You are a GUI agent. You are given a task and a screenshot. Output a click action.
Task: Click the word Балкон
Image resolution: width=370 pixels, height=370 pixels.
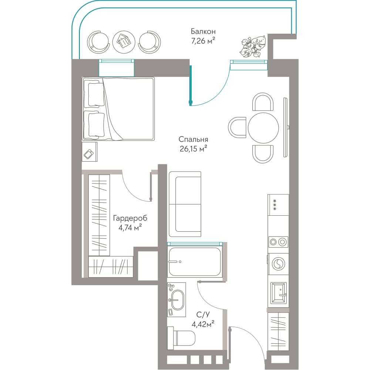click(203, 31)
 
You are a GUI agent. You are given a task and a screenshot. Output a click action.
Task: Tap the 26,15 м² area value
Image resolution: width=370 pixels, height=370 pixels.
click(193, 149)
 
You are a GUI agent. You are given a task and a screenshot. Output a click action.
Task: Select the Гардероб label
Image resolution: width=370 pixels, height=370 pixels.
click(130, 218)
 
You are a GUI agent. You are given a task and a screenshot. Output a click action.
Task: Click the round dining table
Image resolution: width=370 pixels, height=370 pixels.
click(263, 128)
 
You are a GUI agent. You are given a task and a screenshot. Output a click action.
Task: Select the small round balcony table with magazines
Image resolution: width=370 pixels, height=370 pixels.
click(124, 42)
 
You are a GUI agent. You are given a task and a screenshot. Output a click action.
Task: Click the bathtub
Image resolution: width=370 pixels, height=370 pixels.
click(195, 262)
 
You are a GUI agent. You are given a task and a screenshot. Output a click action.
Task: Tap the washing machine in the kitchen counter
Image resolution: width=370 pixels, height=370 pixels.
click(279, 263)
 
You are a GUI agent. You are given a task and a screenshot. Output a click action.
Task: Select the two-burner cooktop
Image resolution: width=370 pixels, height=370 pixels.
click(278, 242)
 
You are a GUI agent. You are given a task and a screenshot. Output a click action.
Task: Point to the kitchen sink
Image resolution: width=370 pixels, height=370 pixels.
click(279, 293)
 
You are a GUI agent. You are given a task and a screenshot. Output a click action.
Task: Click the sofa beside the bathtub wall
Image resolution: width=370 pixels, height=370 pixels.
click(185, 204)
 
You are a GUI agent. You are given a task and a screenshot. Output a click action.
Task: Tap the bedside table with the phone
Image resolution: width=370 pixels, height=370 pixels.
click(90, 152)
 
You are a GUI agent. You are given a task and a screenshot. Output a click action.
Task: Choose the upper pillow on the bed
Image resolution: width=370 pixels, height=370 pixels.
click(96, 94)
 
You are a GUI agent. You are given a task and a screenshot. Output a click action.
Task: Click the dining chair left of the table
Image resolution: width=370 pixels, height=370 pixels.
click(237, 128)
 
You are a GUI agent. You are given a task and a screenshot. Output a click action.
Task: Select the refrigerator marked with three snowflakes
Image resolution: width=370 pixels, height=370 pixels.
click(278, 205)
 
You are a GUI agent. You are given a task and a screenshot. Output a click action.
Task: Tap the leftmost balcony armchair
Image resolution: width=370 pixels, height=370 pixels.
click(98, 43)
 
